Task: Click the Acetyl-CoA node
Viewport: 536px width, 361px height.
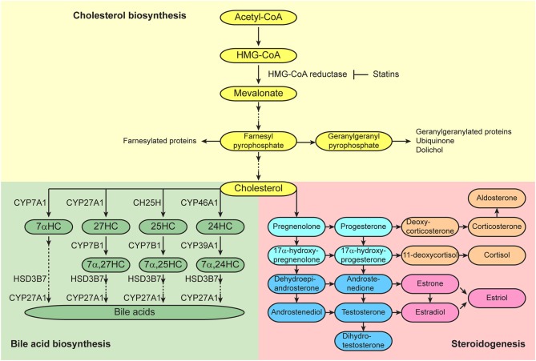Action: point(259,18)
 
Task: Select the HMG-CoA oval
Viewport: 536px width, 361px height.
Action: point(259,55)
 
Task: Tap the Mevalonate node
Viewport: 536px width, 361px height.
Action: point(259,93)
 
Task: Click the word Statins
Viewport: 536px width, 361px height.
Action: point(386,74)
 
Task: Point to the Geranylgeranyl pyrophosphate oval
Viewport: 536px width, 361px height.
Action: point(354,141)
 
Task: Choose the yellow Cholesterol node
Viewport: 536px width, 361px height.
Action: point(259,189)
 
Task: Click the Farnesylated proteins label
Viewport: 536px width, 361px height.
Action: point(159,141)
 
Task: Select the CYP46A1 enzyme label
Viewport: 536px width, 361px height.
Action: point(199,203)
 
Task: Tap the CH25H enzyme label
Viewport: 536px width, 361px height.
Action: point(147,203)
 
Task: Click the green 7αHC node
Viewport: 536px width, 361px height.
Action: point(49,227)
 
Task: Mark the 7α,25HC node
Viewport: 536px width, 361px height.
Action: point(163,264)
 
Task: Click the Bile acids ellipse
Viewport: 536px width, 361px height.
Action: point(135,312)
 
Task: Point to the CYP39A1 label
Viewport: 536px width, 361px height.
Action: point(199,246)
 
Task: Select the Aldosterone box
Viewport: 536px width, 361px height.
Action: point(497,198)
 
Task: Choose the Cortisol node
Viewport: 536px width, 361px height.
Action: point(497,255)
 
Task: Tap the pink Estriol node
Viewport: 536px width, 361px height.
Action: point(497,298)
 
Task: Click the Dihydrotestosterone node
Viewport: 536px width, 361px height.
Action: point(364,341)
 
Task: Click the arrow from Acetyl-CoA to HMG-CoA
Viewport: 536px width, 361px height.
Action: point(259,36)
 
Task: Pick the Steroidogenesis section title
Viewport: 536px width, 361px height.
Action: point(488,343)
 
